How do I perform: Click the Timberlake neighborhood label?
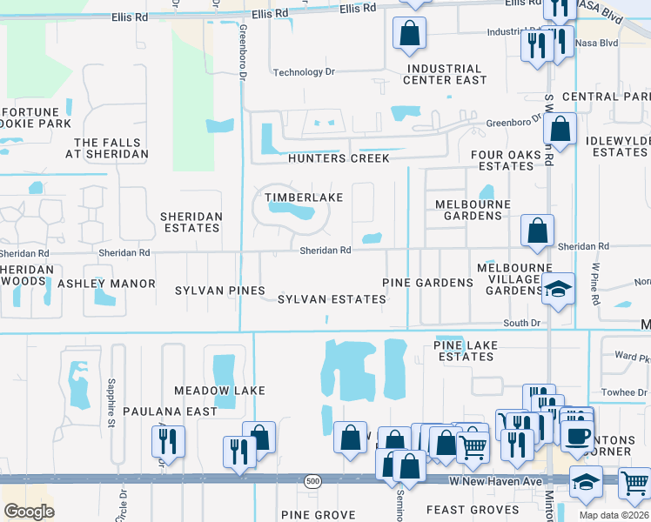[304, 197]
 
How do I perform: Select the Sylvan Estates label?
[332, 299]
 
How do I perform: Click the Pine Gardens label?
[428, 283]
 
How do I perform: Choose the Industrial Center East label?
[445, 74]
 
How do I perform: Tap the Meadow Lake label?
[219, 391]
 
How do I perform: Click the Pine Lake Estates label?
[466, 351]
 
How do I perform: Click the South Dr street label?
[522, 323]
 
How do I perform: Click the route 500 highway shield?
[313, 480]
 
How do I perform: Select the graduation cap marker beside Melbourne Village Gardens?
[557, 288]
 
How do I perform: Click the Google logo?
[29, 512]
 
